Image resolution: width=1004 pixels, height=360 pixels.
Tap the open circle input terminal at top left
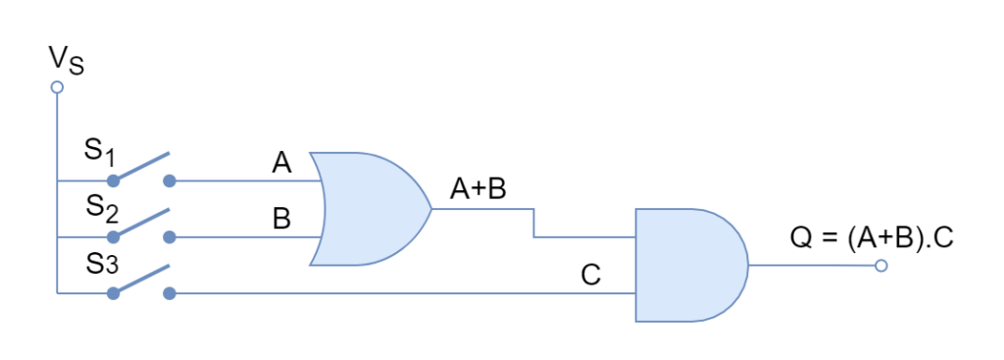57,87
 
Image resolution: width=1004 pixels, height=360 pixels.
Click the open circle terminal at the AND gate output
880,266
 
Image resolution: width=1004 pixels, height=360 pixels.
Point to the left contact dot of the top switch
113,180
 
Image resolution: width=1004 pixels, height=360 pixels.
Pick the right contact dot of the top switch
170,180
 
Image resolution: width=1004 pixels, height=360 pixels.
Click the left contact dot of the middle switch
113,237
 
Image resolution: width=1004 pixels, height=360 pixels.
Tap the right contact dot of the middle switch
170,237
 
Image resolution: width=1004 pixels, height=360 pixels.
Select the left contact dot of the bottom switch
113,293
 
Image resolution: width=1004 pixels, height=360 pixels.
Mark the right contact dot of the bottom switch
170,293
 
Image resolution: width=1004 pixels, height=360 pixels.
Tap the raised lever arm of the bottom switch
143,279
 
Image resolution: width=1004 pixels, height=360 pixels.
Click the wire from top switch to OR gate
245,180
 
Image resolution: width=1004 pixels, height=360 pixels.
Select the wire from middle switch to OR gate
245,237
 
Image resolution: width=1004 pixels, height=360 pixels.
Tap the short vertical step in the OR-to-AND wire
534,224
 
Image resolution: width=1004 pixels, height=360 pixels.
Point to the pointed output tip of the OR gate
429,209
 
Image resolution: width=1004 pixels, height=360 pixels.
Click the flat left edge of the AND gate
636,265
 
